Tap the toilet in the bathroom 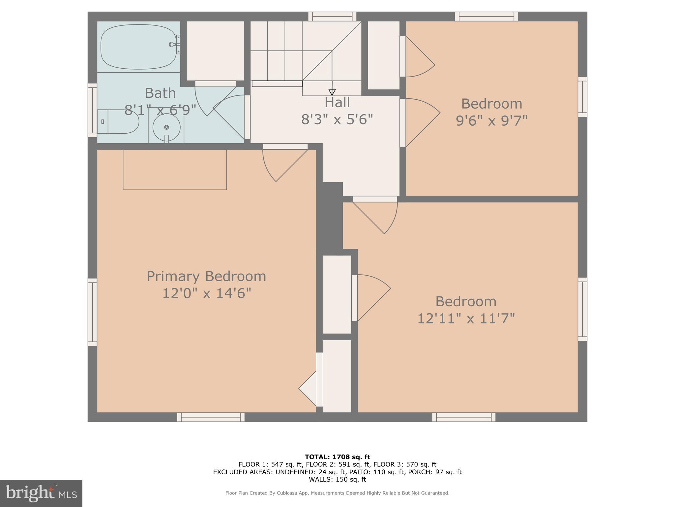tap(119, 122)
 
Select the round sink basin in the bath tap(166, 127)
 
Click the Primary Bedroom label tap(206, 276)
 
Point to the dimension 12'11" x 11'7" tap(466, 319)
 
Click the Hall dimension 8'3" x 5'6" tap(337, 119)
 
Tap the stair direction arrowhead tap(332, 92)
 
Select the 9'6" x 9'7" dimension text tap(491, 121)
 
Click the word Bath tap(160, 93)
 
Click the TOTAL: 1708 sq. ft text tap(337, 457)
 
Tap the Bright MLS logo tap(41, 493)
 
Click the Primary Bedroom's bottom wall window tap(211, 417)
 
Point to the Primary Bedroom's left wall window tap(92, 312)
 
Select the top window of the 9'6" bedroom tap(486, 17)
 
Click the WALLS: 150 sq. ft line tap(337, 480)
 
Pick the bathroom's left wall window tap(92, 110)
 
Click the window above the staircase tap(332, 17)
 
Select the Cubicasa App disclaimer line tap(337, 493)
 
